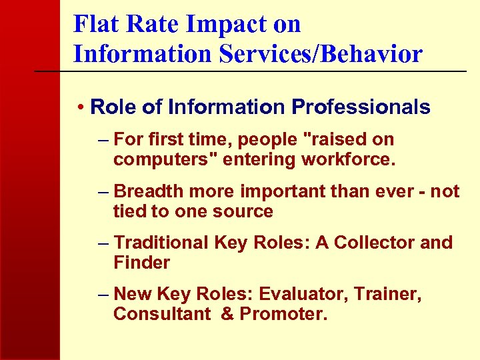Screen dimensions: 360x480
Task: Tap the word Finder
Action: point(142,263)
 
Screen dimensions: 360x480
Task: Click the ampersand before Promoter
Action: point(227,314)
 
